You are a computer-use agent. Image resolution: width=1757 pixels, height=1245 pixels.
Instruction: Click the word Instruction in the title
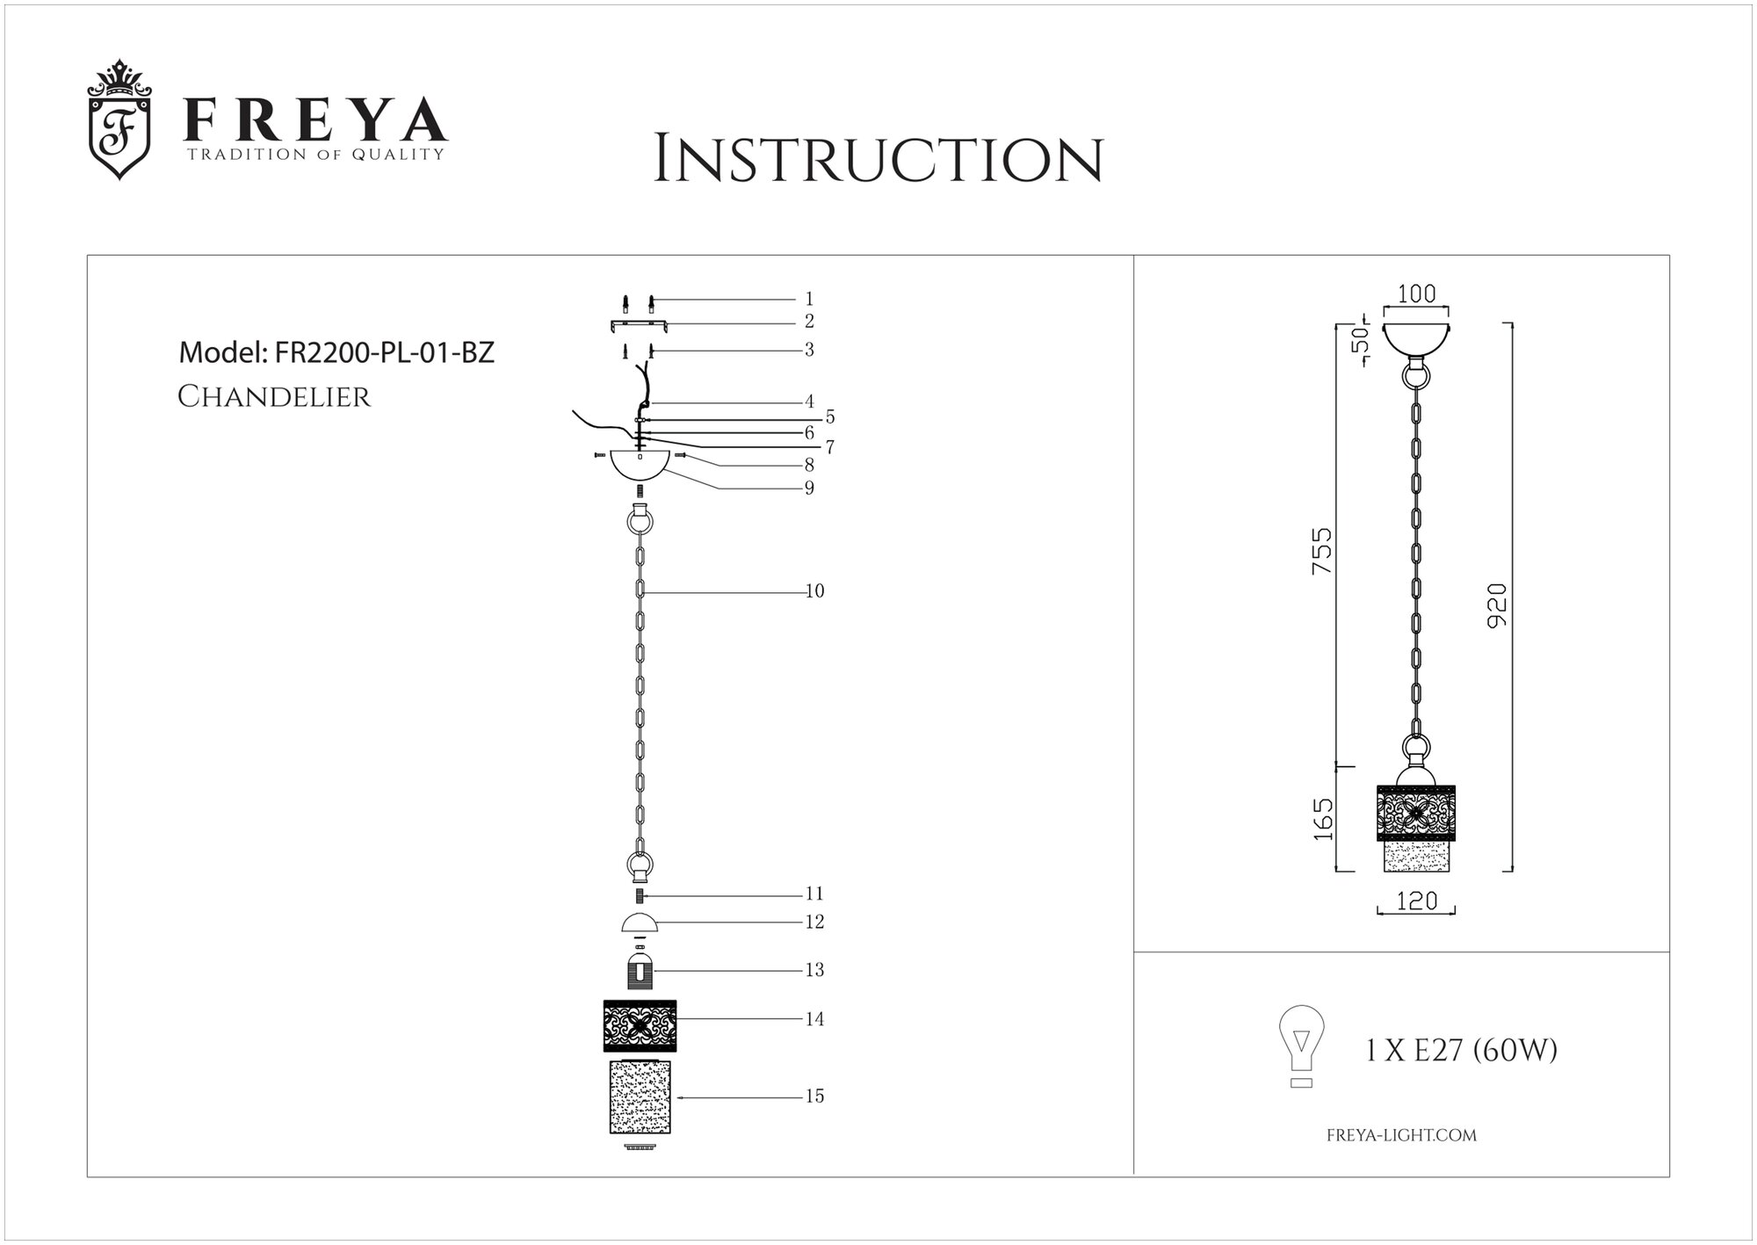coord(878,161)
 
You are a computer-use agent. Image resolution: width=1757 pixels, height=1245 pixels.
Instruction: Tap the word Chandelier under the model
coord(274,397)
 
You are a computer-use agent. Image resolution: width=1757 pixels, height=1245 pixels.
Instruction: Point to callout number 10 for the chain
coord(814,591)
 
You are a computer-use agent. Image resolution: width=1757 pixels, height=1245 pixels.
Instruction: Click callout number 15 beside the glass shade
coord(814,1097)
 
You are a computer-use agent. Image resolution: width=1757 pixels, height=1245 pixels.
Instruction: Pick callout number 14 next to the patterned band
coord(814,1019)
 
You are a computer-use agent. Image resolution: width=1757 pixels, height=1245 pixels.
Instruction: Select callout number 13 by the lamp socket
coord(814,970)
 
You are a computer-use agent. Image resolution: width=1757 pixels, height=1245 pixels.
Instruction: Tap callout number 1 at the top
coord(809,300)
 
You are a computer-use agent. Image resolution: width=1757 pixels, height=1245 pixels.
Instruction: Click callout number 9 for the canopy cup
coord(809,488)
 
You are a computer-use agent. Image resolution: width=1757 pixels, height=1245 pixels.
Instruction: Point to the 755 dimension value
coord(1321,551)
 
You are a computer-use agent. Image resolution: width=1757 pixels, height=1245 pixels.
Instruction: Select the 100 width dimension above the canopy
coord(1416,294)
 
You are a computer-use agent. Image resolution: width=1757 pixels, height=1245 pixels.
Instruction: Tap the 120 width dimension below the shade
coord(1416,901)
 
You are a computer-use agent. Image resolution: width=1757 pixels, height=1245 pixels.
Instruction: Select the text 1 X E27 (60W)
coord(1462,1050)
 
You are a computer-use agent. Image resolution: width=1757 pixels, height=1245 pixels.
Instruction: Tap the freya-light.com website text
coord(1400,1135)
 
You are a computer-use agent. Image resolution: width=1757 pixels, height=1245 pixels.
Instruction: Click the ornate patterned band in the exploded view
coord(640,1025)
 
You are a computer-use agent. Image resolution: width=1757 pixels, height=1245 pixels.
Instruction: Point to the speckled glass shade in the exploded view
coord(640,1098)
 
